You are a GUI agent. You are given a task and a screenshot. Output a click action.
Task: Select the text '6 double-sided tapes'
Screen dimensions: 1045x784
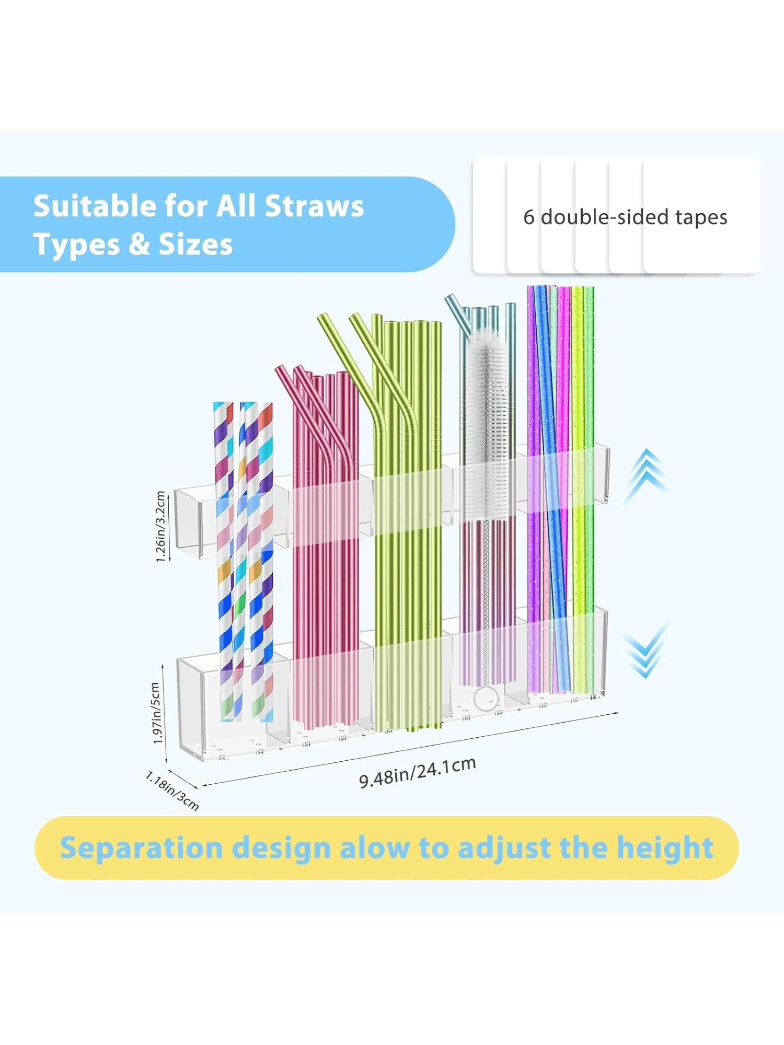pos(625,217)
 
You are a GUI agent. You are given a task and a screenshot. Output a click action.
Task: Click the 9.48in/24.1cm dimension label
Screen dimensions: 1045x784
pos(418,772)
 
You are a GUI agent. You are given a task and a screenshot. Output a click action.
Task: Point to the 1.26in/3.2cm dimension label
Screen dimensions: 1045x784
pos(160,527)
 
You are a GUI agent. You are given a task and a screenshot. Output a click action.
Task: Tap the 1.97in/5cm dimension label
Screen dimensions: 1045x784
pos(156,713)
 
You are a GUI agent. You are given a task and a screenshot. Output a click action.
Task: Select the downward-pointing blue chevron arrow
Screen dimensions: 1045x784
pos(646,650)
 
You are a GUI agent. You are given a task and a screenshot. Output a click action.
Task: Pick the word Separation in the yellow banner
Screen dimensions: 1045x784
pos(141,847)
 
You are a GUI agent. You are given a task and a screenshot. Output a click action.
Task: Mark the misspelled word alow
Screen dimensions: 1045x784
pos(375,847)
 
